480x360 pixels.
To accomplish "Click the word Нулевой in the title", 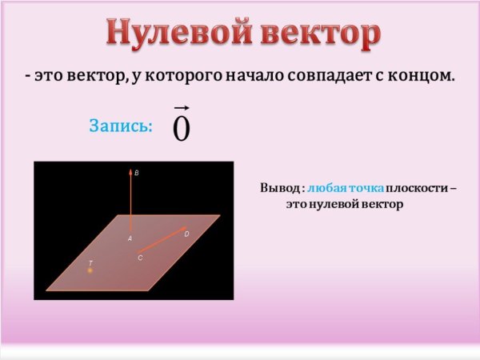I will pos(172,34).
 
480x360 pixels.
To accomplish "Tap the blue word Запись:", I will pos(120,126).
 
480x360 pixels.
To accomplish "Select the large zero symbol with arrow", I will pos(182,128).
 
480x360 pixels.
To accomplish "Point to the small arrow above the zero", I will pos(182,107).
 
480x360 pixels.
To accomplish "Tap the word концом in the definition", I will pos(424,77).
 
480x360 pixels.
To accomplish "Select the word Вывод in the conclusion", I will pos(278,188).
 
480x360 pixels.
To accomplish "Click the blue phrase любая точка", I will pos(345,188).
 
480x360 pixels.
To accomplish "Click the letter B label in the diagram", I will pos(137,173).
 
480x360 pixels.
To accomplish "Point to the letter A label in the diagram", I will pos(130,238).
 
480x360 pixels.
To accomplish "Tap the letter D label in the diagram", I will pos(186,234).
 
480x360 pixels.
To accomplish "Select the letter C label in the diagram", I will pos(140,258).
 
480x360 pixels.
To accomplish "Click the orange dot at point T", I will pos(90,270).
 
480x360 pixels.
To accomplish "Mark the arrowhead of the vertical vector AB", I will pos(130,171).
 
